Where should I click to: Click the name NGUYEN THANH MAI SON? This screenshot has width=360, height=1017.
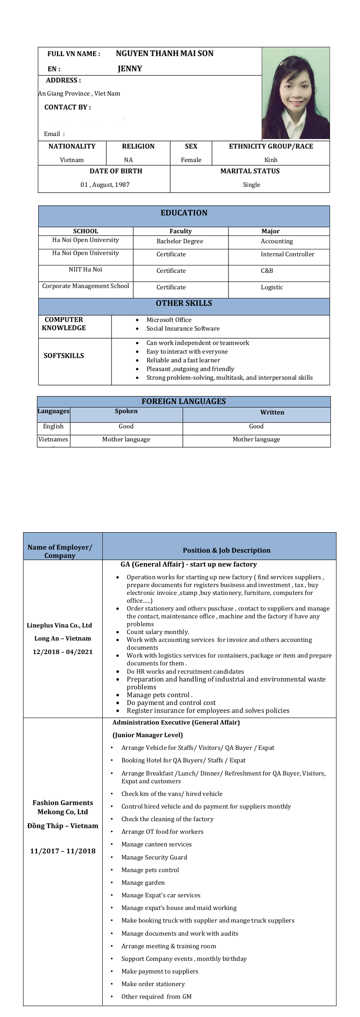(165, 54)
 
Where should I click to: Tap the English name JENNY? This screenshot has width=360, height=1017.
(130, 69)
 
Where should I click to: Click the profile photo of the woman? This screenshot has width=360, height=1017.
(296, 93)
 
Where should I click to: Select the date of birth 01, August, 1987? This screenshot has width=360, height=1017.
(105, 185)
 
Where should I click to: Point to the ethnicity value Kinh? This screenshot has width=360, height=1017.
(271, 160)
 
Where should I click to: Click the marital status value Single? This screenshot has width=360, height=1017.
(251, 185)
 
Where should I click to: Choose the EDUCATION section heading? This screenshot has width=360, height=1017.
(184, 213)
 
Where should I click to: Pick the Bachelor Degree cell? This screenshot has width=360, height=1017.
(180, 241)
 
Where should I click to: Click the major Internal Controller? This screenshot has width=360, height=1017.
(287, 254)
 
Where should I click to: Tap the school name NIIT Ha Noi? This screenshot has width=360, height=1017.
(85, 269)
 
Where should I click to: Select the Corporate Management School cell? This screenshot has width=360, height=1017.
(85, 286)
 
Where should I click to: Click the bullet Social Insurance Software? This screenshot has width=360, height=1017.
(183, 329)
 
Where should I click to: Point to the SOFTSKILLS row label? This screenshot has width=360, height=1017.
(64, 356)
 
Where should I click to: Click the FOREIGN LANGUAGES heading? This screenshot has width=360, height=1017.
(183, 401)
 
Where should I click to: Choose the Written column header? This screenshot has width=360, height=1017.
(272, 412)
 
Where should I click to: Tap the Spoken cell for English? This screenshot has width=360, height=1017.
(126, 426)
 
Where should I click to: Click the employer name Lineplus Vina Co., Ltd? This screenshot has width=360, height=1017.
(60, 625)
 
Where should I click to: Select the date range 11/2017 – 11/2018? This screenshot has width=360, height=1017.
(63, 851)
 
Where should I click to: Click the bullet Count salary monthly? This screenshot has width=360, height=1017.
(158, 632)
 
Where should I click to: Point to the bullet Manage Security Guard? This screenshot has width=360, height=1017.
(154, 857)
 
